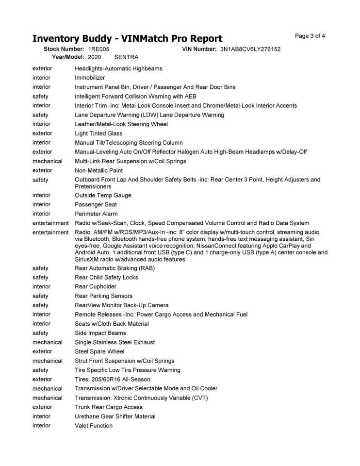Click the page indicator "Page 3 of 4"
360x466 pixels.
[310, 36]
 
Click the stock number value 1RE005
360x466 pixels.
[99, 50]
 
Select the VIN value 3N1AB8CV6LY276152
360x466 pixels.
[250, 50]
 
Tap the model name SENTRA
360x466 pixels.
[126, 57]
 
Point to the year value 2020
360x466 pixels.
[95, 57]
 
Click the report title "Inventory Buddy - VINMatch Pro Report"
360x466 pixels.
[127, 38]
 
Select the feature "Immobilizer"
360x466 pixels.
[90, 78]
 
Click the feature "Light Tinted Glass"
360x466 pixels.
[98, 133]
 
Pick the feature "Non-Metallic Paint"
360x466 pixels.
[99, 171]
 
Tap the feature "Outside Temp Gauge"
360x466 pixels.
[103, 196]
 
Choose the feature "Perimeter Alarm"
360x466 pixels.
[96, 214]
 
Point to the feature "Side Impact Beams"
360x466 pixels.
[100, 333]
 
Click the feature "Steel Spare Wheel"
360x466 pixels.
[99, 351]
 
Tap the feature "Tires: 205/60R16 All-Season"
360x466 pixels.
[113, 380]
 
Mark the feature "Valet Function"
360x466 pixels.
[94, 426]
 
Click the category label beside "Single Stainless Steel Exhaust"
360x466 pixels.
[48, 342]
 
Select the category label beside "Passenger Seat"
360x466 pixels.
[41, 205]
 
